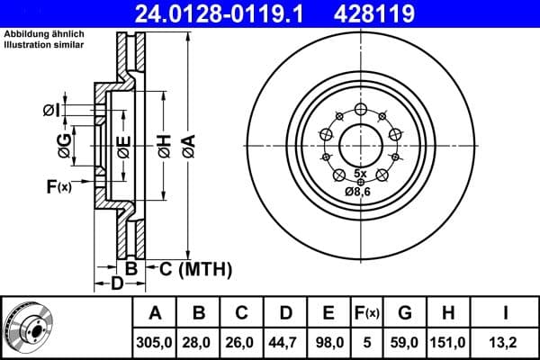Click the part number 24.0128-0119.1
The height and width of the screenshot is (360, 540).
tap(233, 14)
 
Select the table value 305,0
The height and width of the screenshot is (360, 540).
tap(156, 341)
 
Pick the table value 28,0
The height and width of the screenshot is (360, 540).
tap(199, 341)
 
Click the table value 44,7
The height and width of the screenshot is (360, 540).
tap(285, 341)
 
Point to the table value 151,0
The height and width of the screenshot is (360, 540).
tap(447, 341)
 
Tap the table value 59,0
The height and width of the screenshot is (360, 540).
tap(404, 341)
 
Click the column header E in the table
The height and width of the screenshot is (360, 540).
tap(328, 314)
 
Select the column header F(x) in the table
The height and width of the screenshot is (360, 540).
tap(366, 314)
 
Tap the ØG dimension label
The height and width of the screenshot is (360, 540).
tap(62, 141)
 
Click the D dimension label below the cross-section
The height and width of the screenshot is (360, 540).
tap(116, 284)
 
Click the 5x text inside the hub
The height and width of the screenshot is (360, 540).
tap(360, 172)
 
